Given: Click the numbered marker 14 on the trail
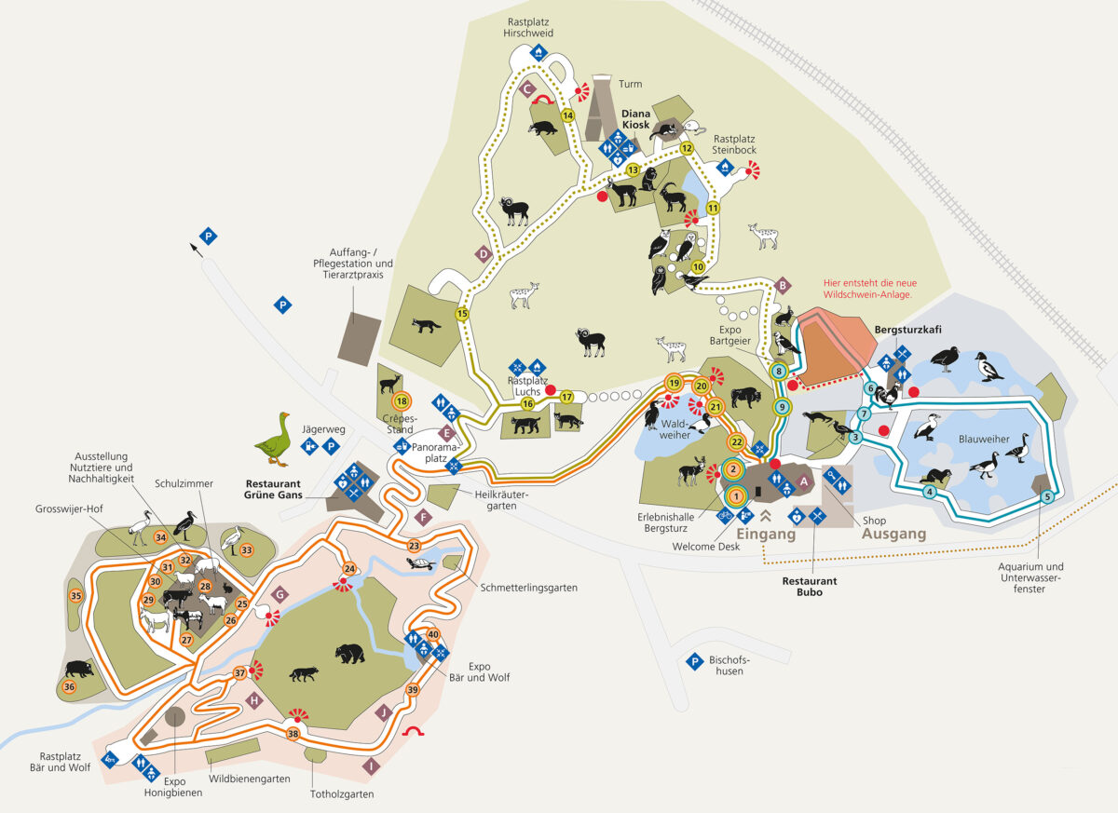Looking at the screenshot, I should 566,115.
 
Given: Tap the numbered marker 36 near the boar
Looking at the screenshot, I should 68,687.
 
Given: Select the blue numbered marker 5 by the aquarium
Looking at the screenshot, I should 1047,496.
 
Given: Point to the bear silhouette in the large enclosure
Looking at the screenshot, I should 350,654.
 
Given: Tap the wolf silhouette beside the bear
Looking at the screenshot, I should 303,672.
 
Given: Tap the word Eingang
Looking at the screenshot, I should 767,535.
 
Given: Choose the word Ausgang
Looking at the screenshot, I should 893,535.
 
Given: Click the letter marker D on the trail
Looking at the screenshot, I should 483,253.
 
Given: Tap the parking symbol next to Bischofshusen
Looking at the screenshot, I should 693,662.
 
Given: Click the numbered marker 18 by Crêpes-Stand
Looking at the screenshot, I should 402,402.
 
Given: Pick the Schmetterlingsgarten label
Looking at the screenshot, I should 529,588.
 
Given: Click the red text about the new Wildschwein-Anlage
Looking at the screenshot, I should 866,288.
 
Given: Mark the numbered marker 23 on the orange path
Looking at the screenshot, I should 415,545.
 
